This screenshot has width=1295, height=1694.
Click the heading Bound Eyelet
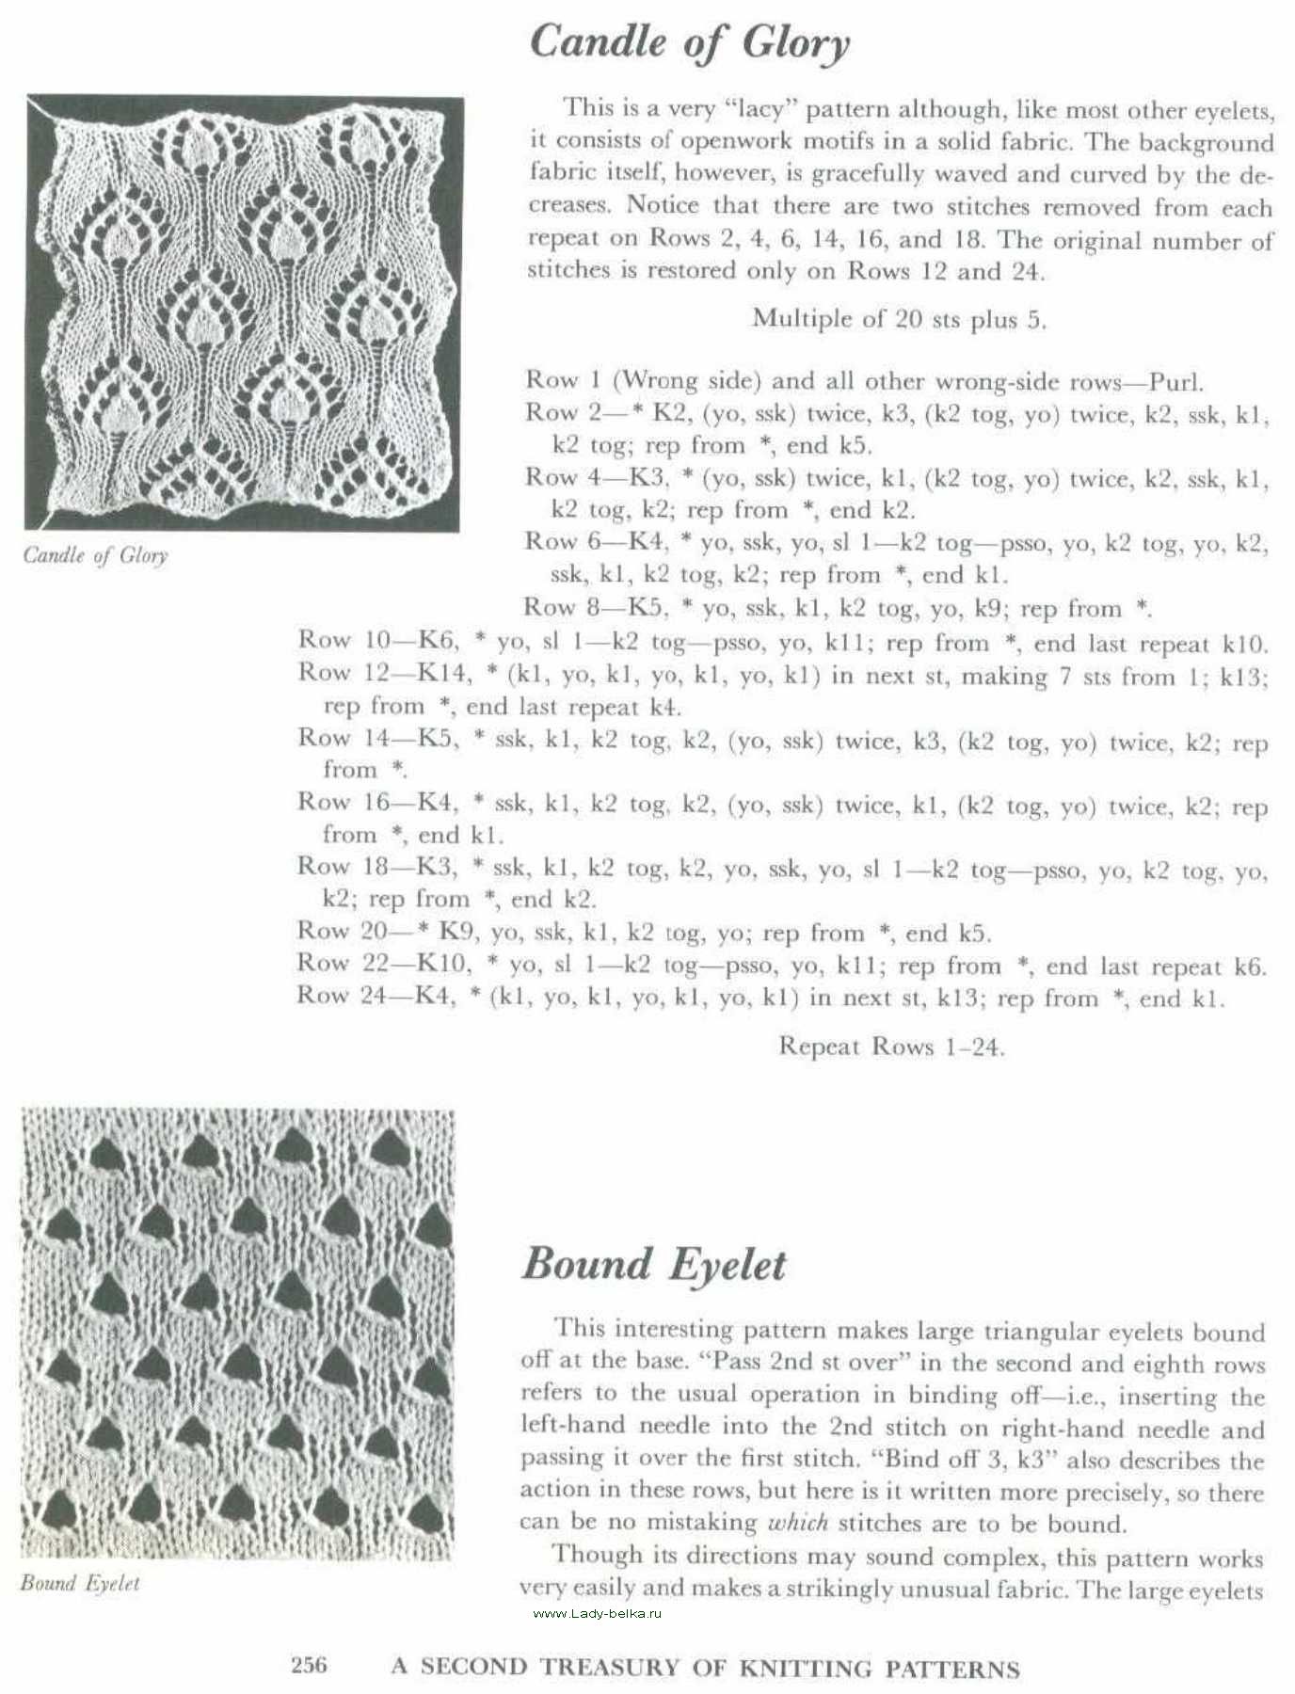[x=653, y=1264]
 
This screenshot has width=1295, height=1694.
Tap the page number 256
[x=309, y=1665]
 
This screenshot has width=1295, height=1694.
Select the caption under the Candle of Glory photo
[x=95, y=555]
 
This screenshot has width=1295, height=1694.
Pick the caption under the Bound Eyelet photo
[x=80, y=1583]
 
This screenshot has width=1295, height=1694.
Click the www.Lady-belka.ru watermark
[x=598, y=1613]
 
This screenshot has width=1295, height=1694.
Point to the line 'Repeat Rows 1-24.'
[x=891, y=1047]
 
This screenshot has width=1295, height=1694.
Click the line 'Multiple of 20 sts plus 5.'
[x=899, y=319]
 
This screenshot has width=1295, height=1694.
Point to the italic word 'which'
[x=798, y=1522]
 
